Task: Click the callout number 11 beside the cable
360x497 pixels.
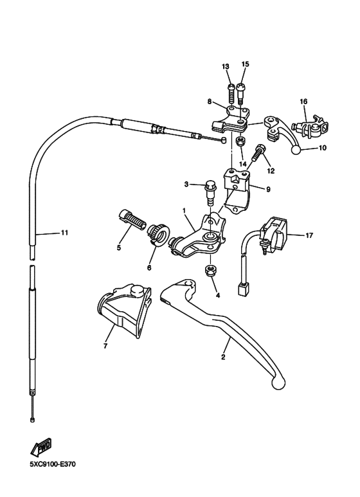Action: coord(64,233)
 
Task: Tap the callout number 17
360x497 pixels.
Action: coord(309,235)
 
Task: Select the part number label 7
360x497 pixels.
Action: coord(104,346)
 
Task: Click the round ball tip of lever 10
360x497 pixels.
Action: coord(296,150)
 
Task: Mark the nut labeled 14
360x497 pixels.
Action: coord(239,141)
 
